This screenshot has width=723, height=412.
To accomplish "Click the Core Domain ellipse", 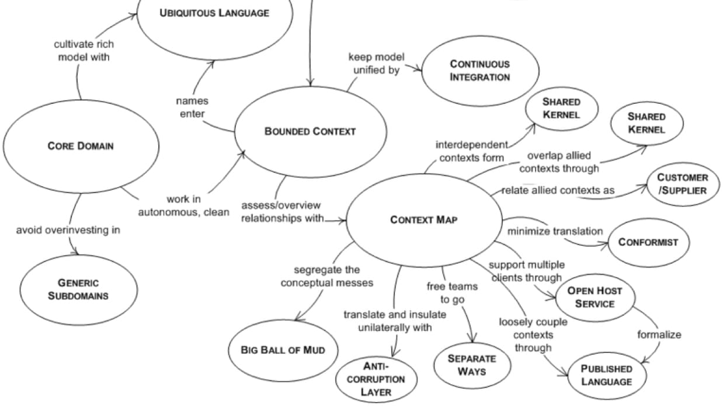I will coord(81,146).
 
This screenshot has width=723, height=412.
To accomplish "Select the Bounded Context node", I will coord(310,131).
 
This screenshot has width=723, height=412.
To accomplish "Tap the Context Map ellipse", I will coord(424,219).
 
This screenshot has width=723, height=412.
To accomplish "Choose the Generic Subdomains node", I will coord(78,289).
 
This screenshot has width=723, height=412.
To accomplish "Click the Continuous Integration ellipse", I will coord(479,71).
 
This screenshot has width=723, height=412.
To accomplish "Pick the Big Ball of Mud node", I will coord(282,350).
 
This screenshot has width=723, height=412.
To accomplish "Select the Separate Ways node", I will coord(472,365).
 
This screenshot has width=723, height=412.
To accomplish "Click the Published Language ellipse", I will coord(606,375).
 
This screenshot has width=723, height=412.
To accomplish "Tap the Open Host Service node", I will coord(595,297).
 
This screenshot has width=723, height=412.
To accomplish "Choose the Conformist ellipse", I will coord(648,242).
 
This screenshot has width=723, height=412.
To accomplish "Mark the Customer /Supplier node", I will coord(682,184).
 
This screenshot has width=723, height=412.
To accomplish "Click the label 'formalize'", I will coord(659,334).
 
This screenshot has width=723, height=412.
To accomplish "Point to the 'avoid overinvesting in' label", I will coord(68,230).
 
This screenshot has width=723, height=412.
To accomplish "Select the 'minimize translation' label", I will coord(555,231).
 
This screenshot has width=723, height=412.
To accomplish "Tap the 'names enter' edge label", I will coord(192,107).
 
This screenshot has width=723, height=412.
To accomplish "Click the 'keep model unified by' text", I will coord(376,64).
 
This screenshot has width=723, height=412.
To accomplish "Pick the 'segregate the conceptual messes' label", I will coord(327,277).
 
